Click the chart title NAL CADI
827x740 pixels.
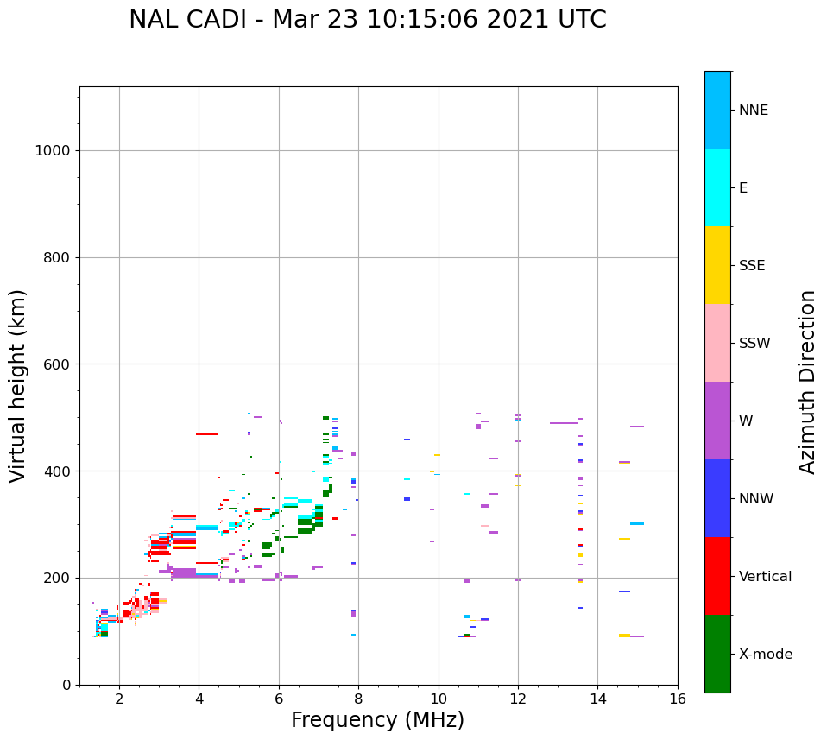click(367, 20)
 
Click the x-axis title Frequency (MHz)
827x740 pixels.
click(377, 720)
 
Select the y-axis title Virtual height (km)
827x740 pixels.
click(18, 386)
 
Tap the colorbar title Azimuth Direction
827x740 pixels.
click(807, 382)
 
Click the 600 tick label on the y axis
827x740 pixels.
click(56, 364)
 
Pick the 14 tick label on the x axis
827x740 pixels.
click(598, 699)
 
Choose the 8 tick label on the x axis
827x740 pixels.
click(358, 699)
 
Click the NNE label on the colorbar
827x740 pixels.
click(753, 111)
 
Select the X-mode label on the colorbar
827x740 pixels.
click(765, 655)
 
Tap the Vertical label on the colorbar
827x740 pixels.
click(765, 577)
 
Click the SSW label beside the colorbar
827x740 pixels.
click(754, 344)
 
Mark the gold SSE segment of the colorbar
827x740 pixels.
click(717, 265)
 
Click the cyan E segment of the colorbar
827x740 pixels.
click(717, 187)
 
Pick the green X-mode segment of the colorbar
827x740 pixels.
click(717, 654)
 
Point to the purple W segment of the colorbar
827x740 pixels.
click(717, 421)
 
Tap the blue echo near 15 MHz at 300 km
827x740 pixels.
click(637, 523)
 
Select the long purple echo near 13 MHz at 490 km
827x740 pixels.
click(564, 423)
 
